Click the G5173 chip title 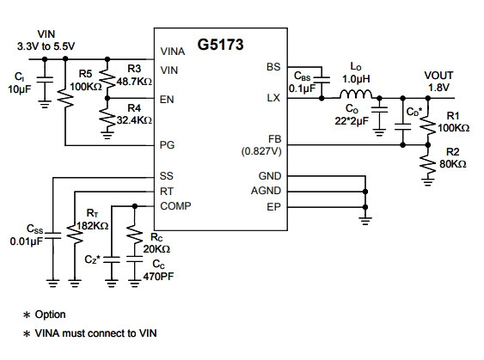click(220, 45)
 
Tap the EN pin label click(167, 100)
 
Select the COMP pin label click(175, 205)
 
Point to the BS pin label click(273, 67)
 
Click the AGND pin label click(266, 191)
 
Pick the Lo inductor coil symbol click(356, 95)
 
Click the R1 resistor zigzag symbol click(428, 125)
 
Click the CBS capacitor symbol click(322, 80)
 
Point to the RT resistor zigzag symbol click(75, 235)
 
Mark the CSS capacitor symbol click(52, 235)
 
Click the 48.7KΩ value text click(134, 82)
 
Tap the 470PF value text click(158, 277)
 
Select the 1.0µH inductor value click(356, 79)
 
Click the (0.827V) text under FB click(261, 151)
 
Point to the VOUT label click(438, 76)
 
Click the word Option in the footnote click(51, 314)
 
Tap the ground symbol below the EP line click(365, 221)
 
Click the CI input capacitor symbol click(45, 80)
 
